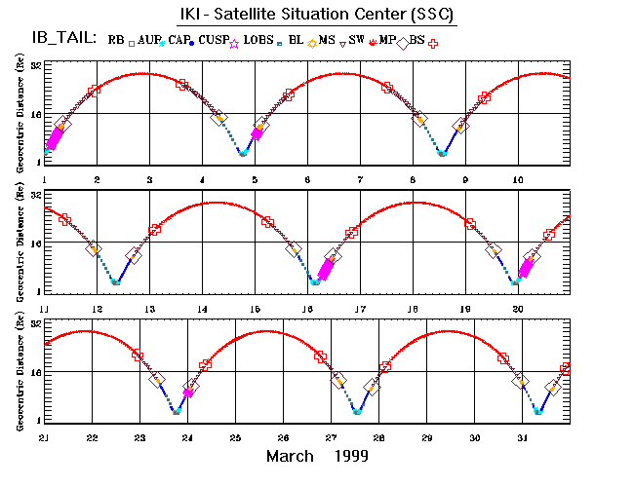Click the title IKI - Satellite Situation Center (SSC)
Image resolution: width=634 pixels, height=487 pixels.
(316, 16)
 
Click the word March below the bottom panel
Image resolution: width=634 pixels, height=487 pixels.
(291, 456)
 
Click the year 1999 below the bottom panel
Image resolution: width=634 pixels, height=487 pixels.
(348, 456)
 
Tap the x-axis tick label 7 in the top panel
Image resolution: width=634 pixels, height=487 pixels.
(361, 180)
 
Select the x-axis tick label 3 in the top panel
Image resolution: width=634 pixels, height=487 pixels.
(149, 180)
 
